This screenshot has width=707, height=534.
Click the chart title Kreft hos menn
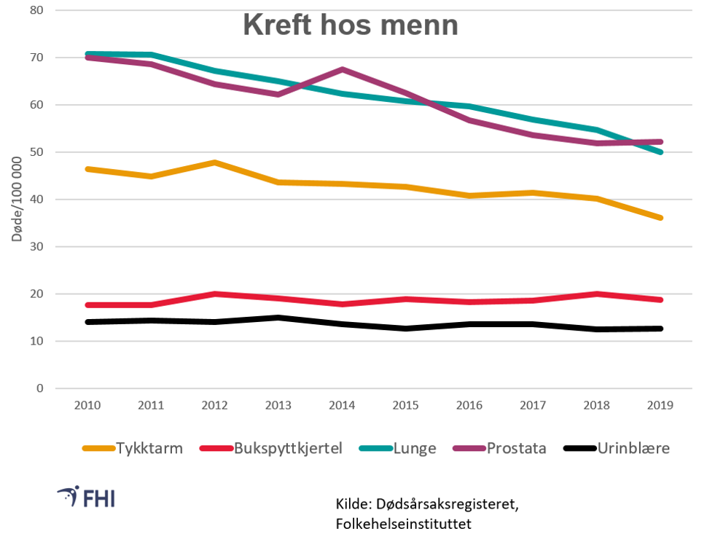351,25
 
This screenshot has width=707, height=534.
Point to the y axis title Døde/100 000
16,200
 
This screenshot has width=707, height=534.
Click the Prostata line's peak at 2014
342,70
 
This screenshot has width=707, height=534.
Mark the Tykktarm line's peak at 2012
214,162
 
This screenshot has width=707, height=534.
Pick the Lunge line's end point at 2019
660,152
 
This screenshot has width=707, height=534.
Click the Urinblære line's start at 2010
87,322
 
